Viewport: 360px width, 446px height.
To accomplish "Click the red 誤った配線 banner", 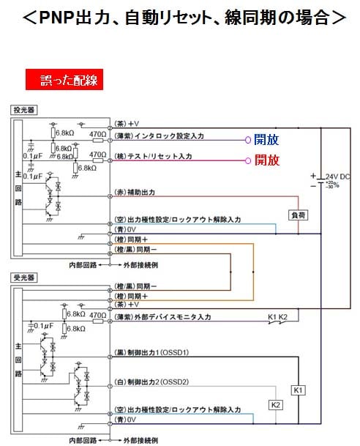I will click(64, 79).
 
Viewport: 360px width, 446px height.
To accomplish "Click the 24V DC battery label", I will click(337, 177).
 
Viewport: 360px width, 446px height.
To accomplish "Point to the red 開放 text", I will click(266, 160).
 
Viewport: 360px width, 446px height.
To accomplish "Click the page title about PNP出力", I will click(180, 16).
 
